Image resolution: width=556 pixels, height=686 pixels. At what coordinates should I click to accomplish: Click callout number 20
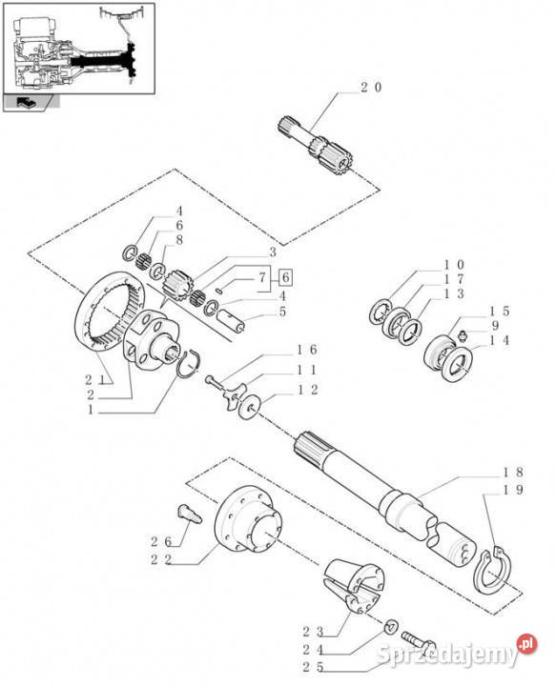pos(371,88)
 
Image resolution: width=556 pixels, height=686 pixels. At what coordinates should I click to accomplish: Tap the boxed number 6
pos(285,277)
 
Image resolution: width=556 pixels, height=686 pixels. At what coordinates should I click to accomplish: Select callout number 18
pos(512,473)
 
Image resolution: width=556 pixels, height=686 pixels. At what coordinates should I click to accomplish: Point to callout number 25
pos(313,668)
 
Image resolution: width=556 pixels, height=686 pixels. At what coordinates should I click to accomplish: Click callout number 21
pos(96,380)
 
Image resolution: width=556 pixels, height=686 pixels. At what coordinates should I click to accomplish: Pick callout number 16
pos(306,350)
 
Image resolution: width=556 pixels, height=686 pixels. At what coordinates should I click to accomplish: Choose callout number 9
pos(495,326)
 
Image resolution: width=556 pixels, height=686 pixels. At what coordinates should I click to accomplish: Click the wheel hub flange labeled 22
pos(249,519)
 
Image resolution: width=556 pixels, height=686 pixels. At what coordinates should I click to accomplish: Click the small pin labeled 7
pos(220,290)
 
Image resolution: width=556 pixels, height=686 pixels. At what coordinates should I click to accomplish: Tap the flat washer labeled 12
pos(249,408)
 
